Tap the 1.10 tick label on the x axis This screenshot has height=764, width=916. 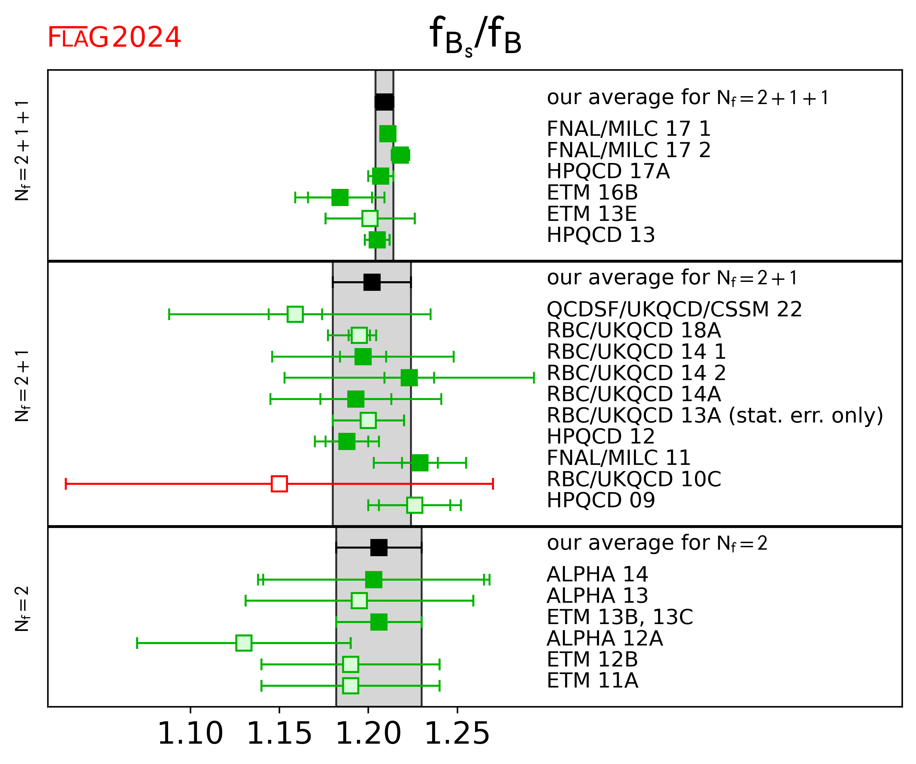190,733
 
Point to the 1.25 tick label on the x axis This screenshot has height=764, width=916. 457,733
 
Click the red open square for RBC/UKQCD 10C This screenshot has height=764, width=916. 279,484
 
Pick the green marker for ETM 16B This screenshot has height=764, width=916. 340,197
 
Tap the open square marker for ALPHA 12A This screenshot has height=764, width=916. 244,643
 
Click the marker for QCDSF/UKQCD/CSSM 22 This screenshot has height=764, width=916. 295,314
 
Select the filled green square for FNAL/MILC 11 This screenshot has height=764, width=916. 420,462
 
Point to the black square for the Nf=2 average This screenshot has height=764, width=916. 379,547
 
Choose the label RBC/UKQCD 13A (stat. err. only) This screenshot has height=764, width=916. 714,415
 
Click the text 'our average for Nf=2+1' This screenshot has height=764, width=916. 672,278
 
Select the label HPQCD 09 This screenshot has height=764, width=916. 601,500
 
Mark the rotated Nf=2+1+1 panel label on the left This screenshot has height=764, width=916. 22,150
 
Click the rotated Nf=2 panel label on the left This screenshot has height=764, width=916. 22,609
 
